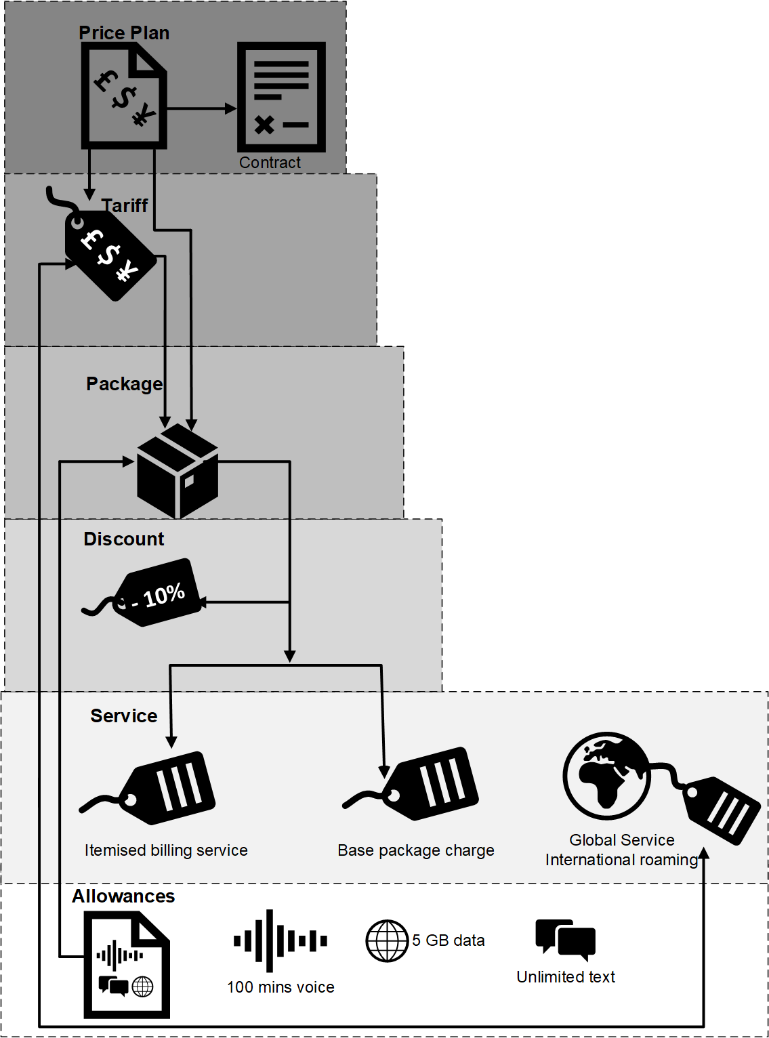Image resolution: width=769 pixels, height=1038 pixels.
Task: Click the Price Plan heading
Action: click(x=124, y=33)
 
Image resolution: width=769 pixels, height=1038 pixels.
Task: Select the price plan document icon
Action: click(x=124, y=96)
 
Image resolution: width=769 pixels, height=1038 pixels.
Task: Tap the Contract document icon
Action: click(x=281, y=97)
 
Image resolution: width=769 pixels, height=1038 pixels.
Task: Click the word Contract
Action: click(x=270, y=163)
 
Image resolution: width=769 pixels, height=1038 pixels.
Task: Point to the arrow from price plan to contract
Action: click(x=202, y=108)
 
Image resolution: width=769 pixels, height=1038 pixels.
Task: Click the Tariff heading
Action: click(x=125, y=205)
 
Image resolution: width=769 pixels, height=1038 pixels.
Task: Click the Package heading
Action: click(x=125, y=383)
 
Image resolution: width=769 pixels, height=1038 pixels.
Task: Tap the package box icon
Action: click(x=178, y=471)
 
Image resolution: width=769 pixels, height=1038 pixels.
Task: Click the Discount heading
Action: click(x=124, y=539)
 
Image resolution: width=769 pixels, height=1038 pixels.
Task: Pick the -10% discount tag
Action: click(x=143, y=592)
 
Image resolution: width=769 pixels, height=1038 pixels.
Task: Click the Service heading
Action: click(x=124, y=716)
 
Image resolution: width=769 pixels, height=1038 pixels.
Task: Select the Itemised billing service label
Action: click(x=166, y=850)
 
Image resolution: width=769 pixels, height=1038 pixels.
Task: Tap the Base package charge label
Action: click(x=416, y=850)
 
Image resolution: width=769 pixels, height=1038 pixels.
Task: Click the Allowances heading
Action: click(x=123, y=896)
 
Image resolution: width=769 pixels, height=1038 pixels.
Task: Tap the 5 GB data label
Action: click(x=449, y=940)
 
